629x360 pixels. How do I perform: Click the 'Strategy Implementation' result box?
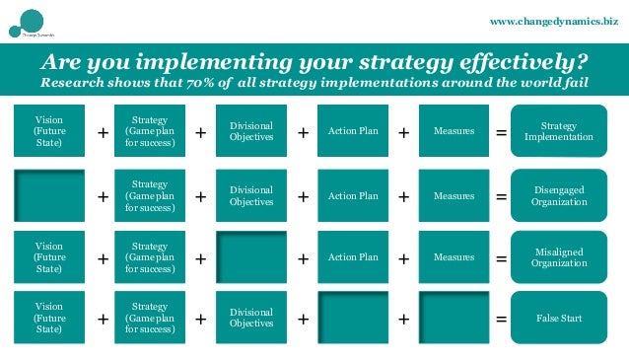(559, 131)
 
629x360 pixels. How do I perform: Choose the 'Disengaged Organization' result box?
(559, 196)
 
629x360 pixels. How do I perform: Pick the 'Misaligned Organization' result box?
(559, 257)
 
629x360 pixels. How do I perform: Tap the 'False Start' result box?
(559, 319)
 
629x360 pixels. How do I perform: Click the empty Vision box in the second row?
(47, 196)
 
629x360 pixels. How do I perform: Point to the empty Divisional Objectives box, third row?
(250, 257)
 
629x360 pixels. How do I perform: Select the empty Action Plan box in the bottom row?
(353, 319)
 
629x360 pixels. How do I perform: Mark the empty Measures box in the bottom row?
(454, 319)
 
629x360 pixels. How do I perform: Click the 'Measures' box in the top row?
(454, 131)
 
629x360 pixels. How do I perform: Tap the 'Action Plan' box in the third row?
(353, 257)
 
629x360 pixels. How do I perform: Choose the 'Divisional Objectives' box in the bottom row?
(250, 319)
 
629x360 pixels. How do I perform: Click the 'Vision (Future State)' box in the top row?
(47, 131)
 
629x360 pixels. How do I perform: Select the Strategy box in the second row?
(150, 196)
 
